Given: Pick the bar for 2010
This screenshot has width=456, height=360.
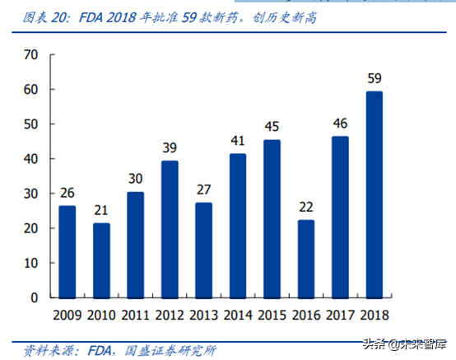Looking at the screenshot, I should [101, 260].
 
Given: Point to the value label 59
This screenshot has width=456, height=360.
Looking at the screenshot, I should [374, 80].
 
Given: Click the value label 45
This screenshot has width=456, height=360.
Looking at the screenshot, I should [272, 128].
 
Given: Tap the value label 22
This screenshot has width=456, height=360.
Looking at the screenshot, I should [305, 208].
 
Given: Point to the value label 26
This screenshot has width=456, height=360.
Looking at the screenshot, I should [67, 194].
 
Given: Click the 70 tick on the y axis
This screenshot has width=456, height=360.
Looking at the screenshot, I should [31, 55].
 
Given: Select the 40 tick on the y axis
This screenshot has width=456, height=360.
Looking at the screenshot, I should [31, 159].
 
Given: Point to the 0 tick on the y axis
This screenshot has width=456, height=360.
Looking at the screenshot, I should [35, 297].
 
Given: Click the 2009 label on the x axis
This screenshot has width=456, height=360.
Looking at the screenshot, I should [67, 314].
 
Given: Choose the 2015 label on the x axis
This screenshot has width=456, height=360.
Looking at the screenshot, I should [272, 314].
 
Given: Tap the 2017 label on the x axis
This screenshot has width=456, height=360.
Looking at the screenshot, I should [340, 314].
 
